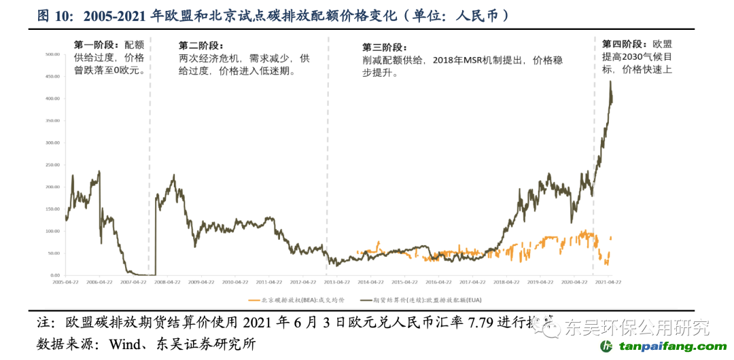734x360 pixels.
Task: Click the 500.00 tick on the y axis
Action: click(52, 54)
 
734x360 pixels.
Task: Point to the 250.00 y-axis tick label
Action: click(52, 164)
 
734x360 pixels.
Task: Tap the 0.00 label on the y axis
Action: click(55, 274)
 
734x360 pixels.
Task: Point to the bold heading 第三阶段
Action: click(384, 48)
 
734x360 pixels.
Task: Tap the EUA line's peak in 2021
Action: click(610, 82)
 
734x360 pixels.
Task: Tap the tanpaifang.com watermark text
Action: click(669, 346)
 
